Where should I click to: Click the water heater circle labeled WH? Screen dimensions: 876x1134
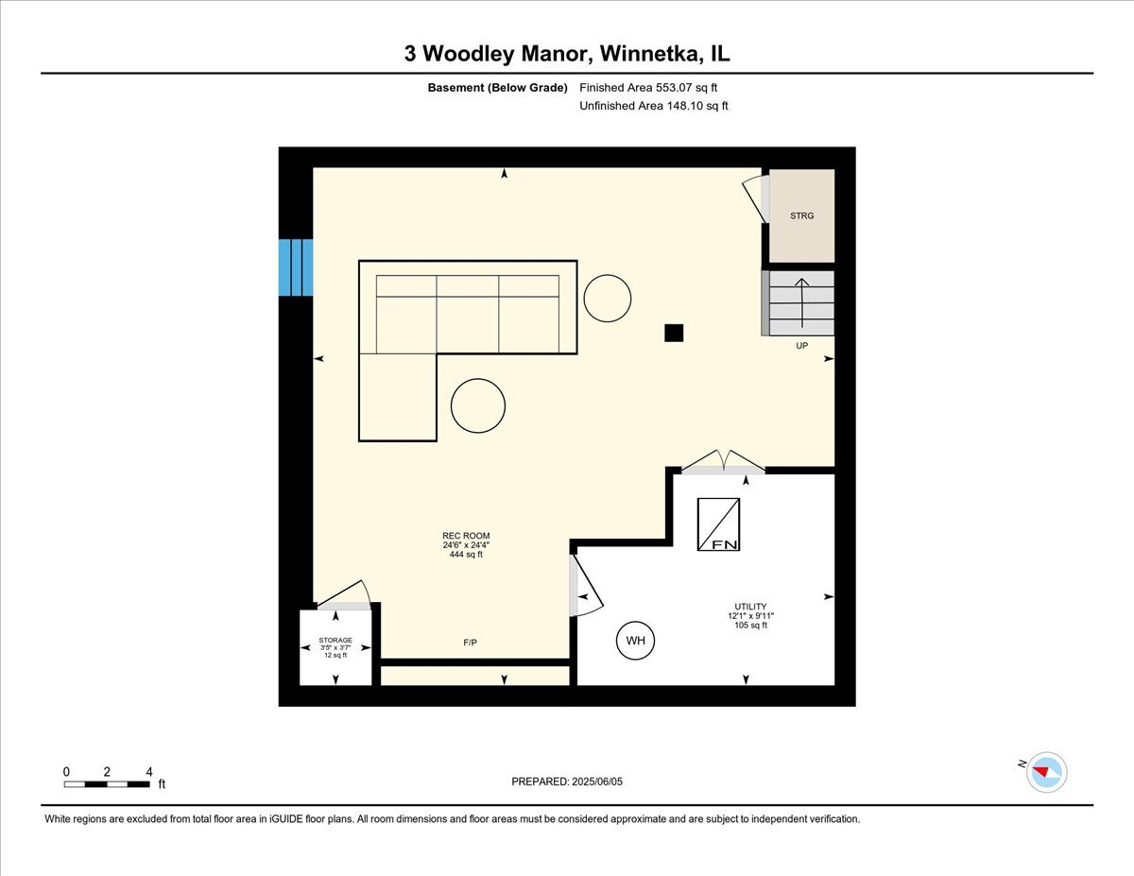click(636, 641)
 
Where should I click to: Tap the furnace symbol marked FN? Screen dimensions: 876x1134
click(718, 524)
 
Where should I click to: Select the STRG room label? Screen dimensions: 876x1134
click(801, 216)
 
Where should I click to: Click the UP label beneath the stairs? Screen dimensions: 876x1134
click(801, 346)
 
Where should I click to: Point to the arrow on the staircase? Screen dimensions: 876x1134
click(801, 301)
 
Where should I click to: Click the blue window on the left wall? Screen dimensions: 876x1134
click(295, 267)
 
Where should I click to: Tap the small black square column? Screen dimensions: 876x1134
click(673, 333)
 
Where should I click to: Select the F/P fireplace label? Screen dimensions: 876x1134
click(470, 643)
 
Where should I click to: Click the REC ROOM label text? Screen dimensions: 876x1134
click(466, 537)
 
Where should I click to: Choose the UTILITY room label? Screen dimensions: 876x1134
click(751, 607)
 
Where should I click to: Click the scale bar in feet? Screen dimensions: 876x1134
click(108, 783)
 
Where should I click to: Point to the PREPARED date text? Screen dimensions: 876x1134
click(567, 782)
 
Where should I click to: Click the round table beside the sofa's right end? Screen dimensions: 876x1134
click(608, 299)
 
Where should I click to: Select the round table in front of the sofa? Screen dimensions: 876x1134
click(478, 404)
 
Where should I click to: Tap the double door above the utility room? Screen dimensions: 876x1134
click(723, 463)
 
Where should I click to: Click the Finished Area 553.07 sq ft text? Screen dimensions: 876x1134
click(654, 88)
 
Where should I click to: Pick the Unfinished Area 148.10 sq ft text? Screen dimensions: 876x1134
click(654, 107)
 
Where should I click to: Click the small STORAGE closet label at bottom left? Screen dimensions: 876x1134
click(335, 640)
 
